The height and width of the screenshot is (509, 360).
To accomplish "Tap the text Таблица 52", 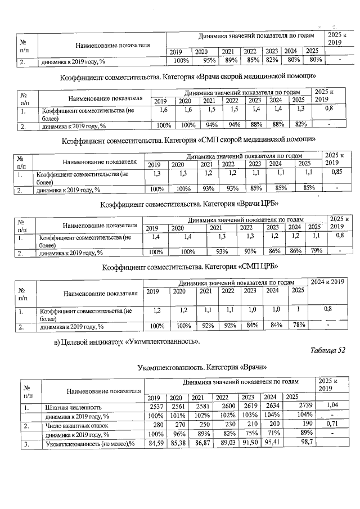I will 328,350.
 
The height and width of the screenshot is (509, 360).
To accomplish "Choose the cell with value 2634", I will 270,406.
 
